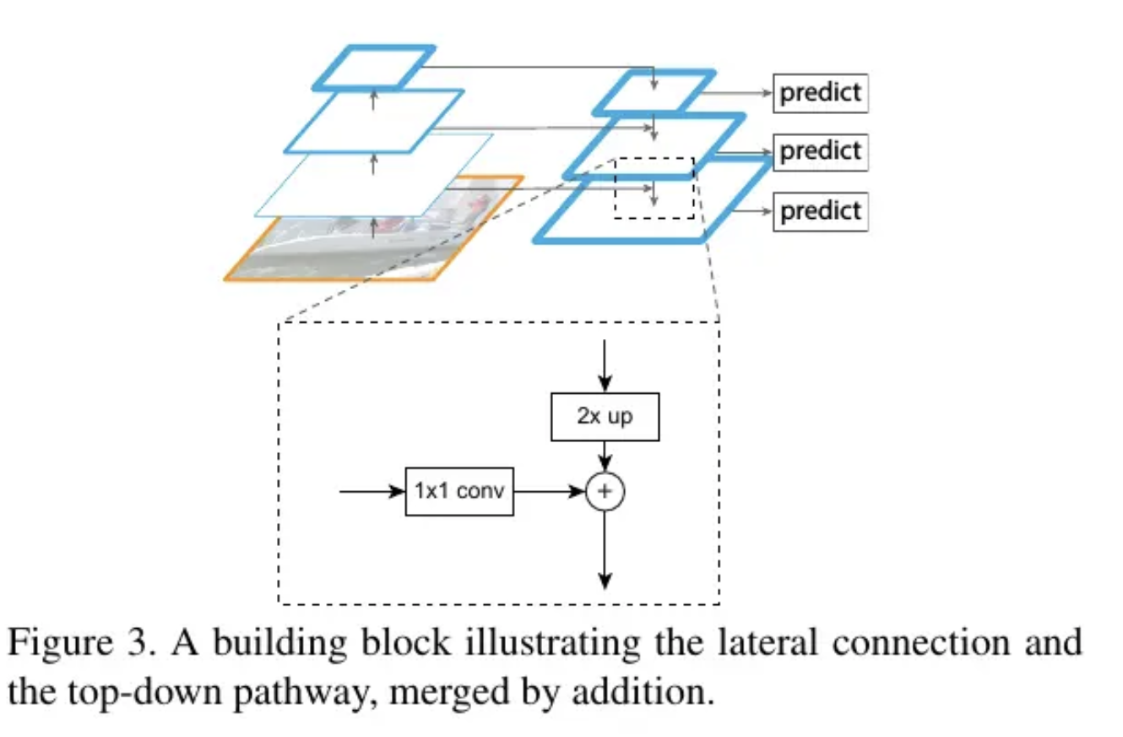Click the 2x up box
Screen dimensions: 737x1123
[x=605, y=417]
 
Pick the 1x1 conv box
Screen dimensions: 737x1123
[x=459, y=490]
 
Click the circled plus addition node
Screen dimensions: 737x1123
[x=605, y=490]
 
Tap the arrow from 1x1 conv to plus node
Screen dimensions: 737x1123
[x=549, y=490]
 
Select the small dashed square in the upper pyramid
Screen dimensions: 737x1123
[x=653, y=188]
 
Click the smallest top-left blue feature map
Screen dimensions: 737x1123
[x=373, y=67]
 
